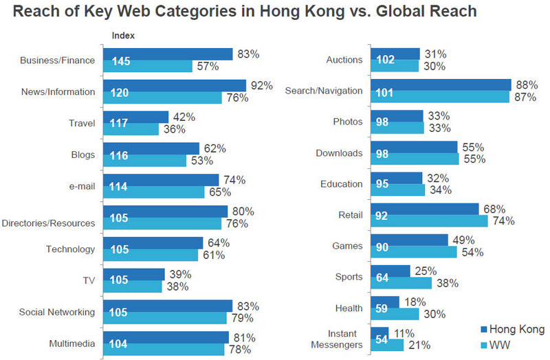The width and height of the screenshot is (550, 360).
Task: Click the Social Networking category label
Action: coord(58,313)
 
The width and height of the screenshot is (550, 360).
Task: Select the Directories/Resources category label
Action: coord(48,223)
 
